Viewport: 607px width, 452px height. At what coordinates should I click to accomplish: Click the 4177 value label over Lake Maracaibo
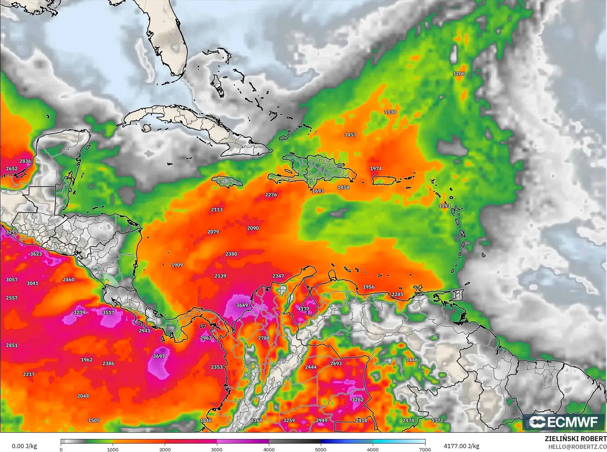point(303,309)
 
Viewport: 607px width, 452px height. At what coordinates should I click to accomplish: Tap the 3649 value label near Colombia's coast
point(242,305)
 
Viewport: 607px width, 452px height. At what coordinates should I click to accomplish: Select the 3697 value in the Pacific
point(159,356)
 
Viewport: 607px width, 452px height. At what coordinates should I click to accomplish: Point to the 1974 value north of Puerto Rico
point(376,169)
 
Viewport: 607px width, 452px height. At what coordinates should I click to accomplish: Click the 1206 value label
point(459,74)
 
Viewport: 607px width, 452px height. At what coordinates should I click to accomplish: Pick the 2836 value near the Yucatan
point(25,161)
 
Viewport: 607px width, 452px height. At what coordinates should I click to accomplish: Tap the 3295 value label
point(12,232)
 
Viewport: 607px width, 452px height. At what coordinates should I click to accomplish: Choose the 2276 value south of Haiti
point(271,195)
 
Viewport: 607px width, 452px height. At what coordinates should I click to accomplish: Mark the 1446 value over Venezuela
point(412,360)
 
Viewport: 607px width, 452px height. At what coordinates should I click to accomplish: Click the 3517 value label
point(108,313)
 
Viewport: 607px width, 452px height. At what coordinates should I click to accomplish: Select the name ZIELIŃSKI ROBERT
point(575,439)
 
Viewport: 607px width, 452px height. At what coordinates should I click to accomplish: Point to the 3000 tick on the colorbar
point(217,449)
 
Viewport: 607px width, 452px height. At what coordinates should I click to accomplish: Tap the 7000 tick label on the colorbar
point(425,449)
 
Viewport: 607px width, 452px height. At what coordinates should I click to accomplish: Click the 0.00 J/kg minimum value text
point(24,446)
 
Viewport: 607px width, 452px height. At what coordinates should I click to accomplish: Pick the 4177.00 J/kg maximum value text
point(461,446)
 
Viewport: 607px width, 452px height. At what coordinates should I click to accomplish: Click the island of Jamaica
point(227,182)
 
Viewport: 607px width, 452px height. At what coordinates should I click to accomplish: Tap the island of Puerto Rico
point(384,181)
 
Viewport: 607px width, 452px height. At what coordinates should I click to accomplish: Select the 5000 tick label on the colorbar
point(321,449)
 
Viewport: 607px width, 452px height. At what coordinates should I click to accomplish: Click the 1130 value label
point(390,112)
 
